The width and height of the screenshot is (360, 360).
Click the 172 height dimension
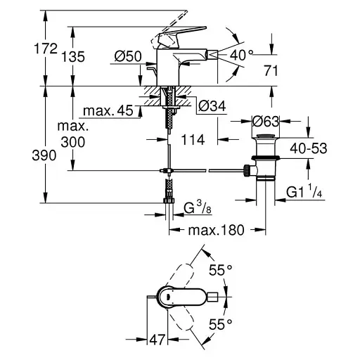46,49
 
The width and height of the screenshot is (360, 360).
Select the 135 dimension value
73,57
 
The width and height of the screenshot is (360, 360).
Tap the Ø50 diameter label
128,56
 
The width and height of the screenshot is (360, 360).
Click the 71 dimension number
271,70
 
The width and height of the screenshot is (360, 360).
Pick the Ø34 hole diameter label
212,106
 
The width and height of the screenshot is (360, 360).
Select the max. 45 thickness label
108,110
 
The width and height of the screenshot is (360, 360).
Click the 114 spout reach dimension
193,140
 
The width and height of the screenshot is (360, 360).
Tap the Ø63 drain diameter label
266,121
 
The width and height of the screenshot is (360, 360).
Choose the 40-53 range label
309,148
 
